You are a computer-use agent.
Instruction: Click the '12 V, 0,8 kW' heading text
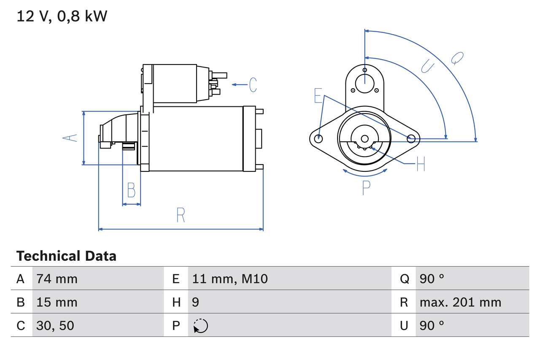point(62,16)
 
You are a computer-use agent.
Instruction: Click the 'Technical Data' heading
point(66,256)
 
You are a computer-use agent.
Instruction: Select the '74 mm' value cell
point(57,279)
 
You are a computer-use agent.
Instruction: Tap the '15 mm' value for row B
point(57,302)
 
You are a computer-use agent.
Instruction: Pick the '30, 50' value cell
point(55,325)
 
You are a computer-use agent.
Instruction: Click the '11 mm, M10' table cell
point(230,279)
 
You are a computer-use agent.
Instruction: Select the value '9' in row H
point(196,302)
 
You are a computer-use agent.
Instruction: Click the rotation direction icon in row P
point(200,326)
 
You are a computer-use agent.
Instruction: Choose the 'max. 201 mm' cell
point(460,302)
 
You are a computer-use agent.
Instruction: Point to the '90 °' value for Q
point(432,279)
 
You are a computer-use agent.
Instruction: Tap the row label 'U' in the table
point(404,325)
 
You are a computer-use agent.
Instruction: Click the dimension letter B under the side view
point(131,190)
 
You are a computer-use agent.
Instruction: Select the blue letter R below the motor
point(181,215)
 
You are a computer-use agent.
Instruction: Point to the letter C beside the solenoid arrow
point(253,85)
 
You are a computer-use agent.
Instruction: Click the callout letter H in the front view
point(420,164)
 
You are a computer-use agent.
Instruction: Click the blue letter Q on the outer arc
point(457,58)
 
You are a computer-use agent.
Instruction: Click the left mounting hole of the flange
point(319,138)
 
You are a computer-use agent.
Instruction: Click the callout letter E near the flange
point(318,96)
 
